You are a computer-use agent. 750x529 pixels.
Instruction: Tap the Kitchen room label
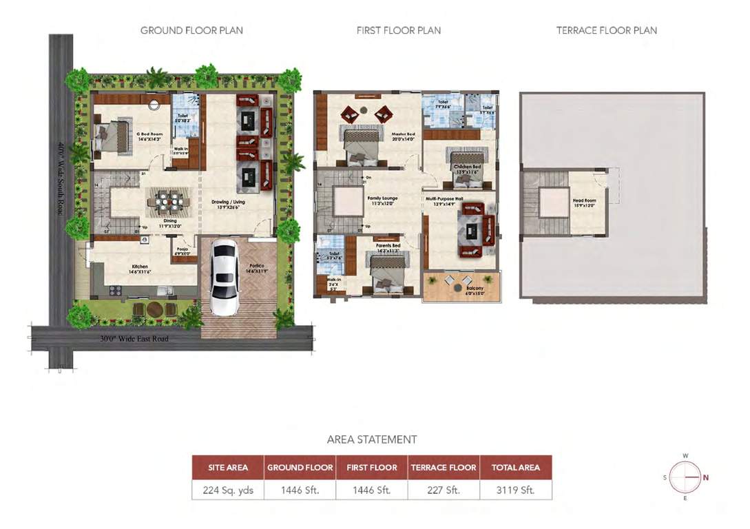[x=140, y=267]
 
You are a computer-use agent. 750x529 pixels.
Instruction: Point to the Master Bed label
[x=404, y=134]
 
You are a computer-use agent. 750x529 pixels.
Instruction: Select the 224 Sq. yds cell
[x=228, y=490]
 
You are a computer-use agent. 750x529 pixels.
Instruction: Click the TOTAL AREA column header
[x=515, y=467]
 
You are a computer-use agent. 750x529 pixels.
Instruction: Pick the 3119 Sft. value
[x=515, y=490]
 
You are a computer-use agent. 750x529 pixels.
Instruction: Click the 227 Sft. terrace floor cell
[x=444, y=490]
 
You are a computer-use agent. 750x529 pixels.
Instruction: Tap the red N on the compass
[x=706, y=477]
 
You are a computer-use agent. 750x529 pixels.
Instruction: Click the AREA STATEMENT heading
[x=372, y=439]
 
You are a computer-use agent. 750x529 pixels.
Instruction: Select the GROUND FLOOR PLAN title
[x=191, y=30]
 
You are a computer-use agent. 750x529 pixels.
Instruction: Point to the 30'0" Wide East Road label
[x=135, y=339]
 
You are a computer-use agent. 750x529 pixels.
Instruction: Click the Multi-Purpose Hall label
[x=444, y=198]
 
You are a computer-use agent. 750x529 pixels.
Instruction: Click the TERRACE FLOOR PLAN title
[x=606, y=30]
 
